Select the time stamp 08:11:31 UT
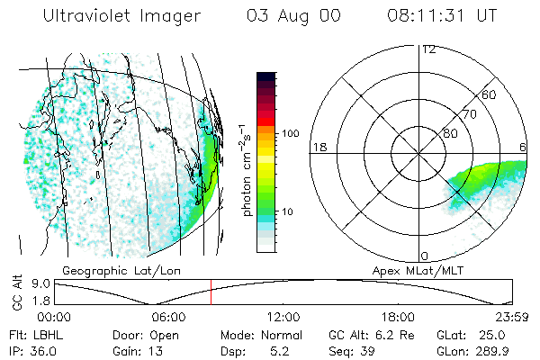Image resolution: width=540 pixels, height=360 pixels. (x=442, y=17)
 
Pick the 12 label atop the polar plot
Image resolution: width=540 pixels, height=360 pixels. (x=428, y=49)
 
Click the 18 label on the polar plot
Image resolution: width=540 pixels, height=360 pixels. (x=318, y=147)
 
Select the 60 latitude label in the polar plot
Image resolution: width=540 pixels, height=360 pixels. (x=490, y=94)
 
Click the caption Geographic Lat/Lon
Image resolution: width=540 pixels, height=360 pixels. (x=103, y=270)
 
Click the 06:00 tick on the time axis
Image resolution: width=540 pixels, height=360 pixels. (x=168, y=317)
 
